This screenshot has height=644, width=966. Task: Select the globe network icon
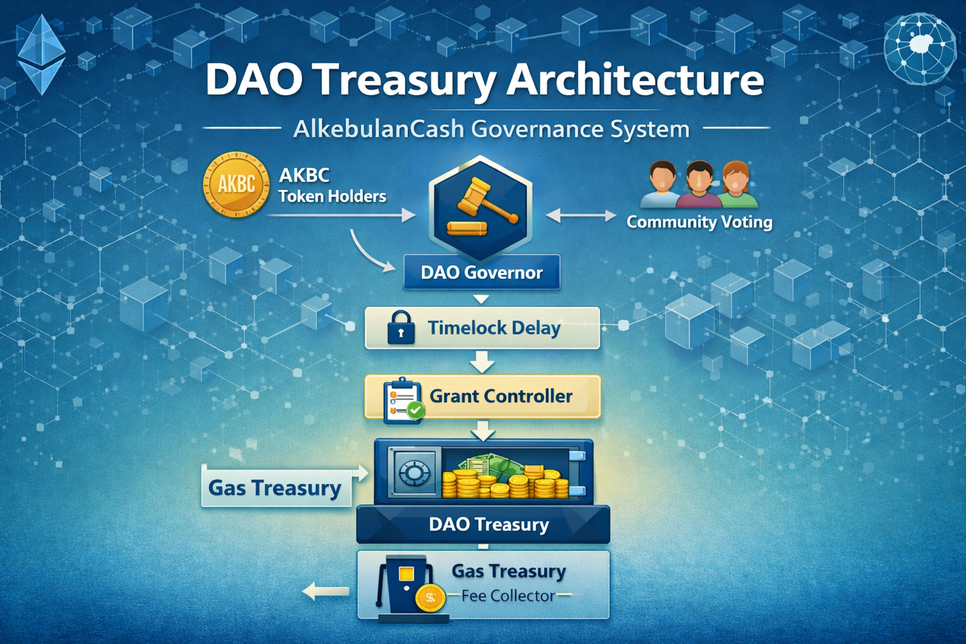[x=919, y=49]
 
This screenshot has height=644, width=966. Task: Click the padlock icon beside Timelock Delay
[x=400, y=328]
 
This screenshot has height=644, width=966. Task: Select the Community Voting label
[x=699, y=222]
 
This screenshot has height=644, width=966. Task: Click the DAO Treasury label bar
[x=483, y=525]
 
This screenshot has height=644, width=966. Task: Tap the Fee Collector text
[x=508, y=596]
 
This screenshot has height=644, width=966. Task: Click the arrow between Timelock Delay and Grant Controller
[x=482, y=361]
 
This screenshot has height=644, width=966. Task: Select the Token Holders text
[x=332, y=196]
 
